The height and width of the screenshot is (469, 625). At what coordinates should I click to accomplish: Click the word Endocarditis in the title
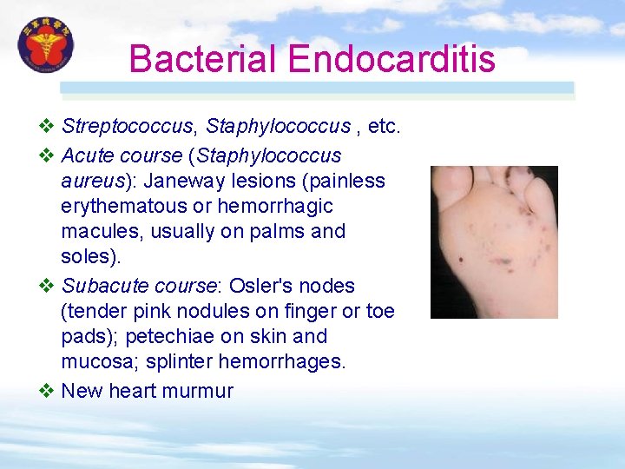coord(391,60)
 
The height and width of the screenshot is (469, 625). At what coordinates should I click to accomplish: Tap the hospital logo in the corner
coord(46,47)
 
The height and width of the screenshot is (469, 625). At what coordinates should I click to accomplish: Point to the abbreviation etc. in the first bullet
coord(384,127)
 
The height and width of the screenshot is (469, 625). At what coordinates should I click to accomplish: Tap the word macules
coord(95,231)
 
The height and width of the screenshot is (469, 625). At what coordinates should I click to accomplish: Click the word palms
coord(281,231)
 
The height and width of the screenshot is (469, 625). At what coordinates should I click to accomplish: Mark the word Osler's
coord(262,286)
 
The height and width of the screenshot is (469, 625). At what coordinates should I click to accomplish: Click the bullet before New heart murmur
coord(48,391)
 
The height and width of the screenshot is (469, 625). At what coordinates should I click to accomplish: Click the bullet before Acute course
coord(48,155)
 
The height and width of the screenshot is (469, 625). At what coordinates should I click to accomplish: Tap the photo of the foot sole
coord(494,242)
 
